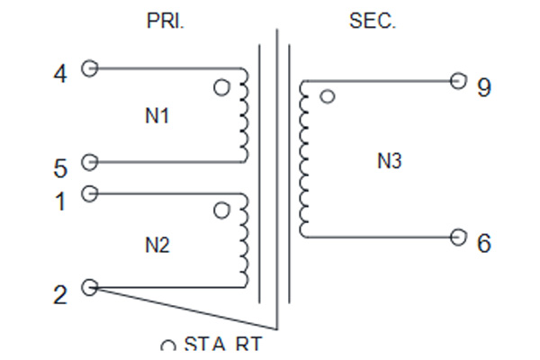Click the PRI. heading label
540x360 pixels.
[166, 21]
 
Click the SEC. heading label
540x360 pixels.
[373, 21]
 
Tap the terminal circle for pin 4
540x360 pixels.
[89, 68]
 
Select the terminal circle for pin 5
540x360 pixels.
[89, 162]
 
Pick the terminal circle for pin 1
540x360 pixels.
[89, 193]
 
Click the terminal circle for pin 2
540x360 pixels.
[89, 287]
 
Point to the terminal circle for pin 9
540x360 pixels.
[458, 81]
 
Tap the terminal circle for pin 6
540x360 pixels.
[458, 238]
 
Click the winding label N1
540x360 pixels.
[157, 116]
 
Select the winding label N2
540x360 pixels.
[157, 246]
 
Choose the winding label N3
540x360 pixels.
[390, 161]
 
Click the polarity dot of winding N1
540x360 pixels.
[221, 87]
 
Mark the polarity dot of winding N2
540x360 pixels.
[221, 210]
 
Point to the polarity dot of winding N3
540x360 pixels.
[328, 96]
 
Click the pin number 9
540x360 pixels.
[484, 87]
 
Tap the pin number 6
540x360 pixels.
[484, 243]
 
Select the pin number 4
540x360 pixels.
[60, 74]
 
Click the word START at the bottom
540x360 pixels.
[223, 343]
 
